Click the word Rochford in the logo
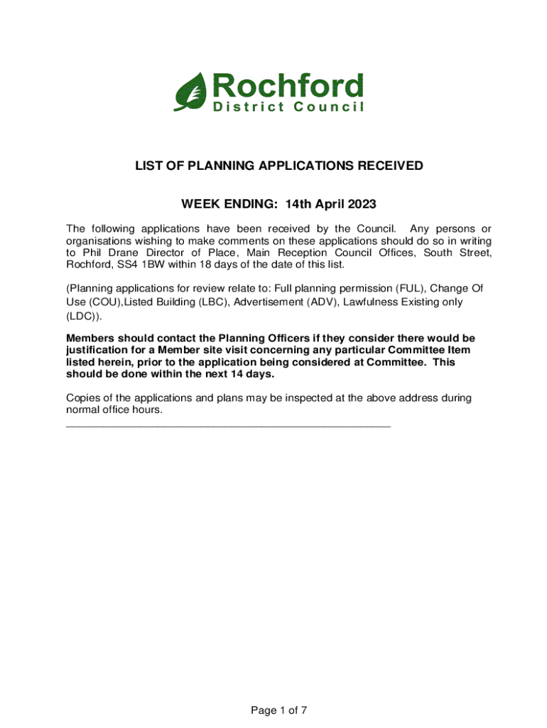[284, 87]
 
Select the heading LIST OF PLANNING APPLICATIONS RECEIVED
[279, 166]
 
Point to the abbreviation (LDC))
[80, 315]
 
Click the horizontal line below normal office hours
[227, 425]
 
